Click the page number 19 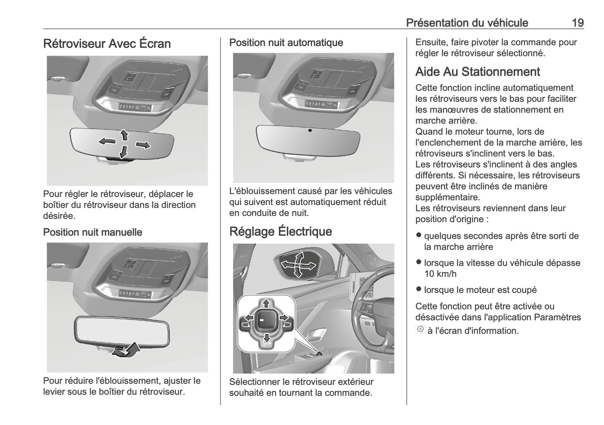tap(578, 23)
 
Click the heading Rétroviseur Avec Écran tap(107, 43)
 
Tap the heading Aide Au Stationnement tap(477, 72)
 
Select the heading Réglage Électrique tap(280, 231)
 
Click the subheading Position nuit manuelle tap(92, 232)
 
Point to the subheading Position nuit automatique tap(286, 43)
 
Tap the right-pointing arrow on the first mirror tap(143, 145)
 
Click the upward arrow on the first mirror tap(124, 134)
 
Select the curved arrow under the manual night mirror tap(127, 350)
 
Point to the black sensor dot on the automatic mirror tap(310, 130)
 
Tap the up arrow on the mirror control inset tap(265, 304)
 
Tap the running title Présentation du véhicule tap(467, 23)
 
